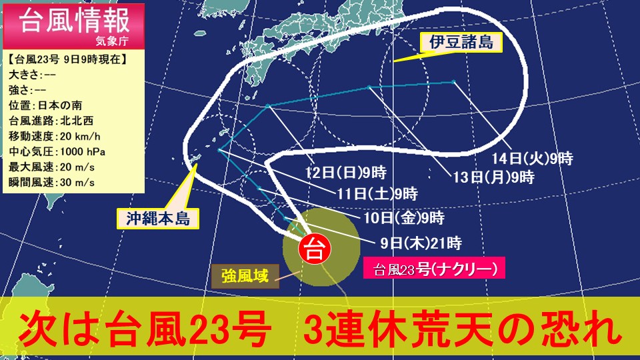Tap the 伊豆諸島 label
click(x=461, y=43)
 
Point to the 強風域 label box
click(x=245, y=275)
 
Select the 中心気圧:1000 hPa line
click(x=57, y=151)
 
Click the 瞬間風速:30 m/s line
click(x=51, y=181)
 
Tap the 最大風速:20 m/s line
click(x=51, y=166)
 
